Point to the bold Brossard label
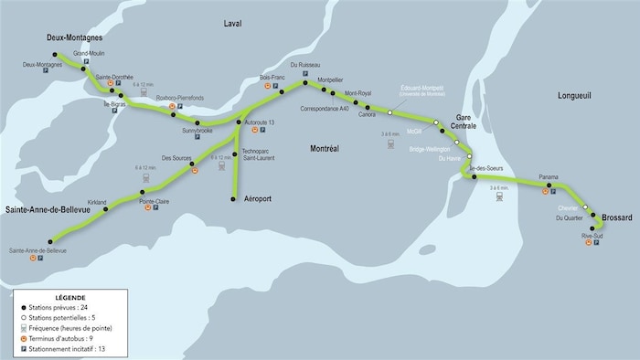[619, 217]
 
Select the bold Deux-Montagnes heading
[74, 38]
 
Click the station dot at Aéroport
[233, 198]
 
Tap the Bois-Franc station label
[272, 78]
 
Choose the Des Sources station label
[175, 158]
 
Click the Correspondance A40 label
[325, 109]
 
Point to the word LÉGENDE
[71, 298]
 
